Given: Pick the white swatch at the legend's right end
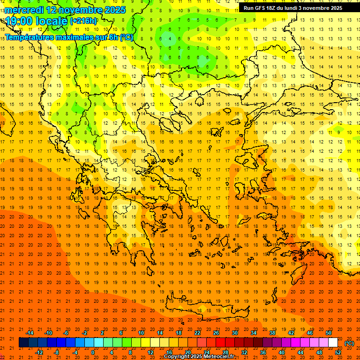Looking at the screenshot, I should click(333, 343).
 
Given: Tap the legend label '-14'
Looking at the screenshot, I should click(30, 333).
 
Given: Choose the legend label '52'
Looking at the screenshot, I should click(338, 352).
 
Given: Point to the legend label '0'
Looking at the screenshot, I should click(93, 352).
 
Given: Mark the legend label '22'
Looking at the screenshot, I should click(197, 333).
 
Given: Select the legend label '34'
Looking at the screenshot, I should click(254, 333).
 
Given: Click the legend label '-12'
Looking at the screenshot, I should click(39, 352).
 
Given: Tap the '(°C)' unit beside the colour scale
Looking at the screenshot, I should click(349, 343).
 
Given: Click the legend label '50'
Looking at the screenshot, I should click(329, 333).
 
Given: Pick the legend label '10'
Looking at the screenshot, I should click(141, 333).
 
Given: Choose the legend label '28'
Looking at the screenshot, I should click(225, 352).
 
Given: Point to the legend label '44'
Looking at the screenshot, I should click(300, 352).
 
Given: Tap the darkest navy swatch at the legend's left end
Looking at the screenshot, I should click(23, 343).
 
